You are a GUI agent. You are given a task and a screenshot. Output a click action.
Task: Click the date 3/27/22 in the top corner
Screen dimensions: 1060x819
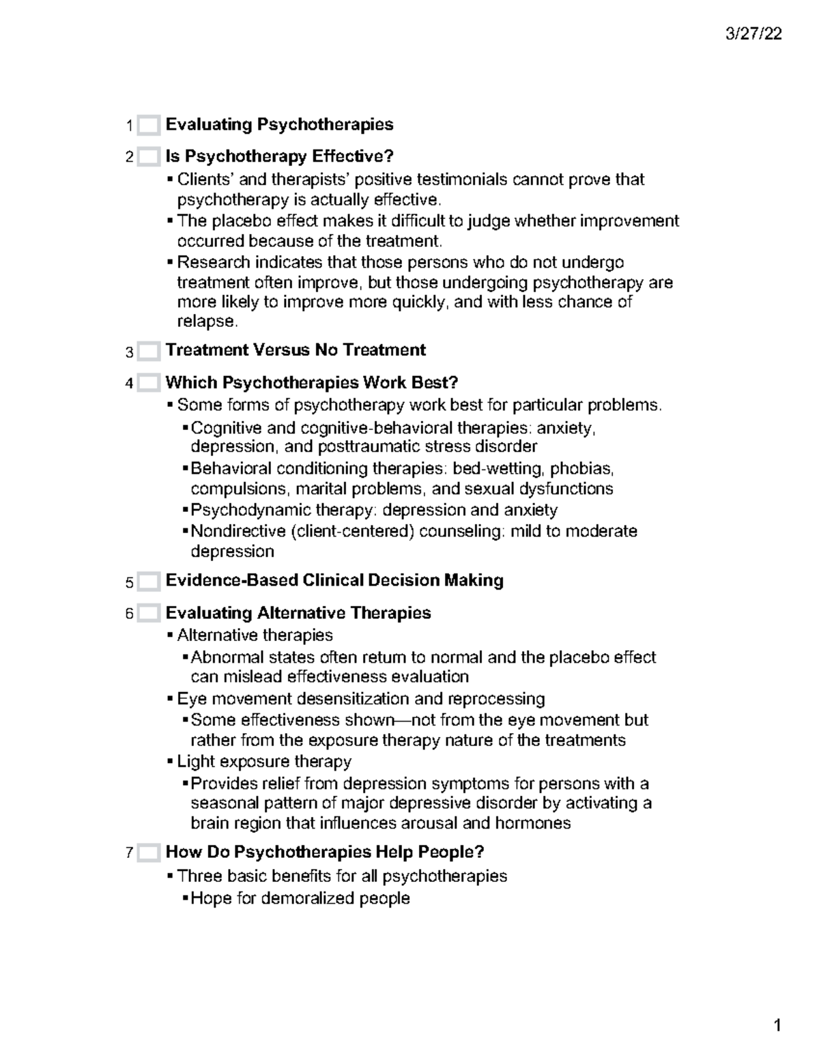[x=754, y=34]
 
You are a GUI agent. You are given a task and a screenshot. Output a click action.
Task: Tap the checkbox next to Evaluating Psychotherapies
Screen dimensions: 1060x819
[x=148, y=126]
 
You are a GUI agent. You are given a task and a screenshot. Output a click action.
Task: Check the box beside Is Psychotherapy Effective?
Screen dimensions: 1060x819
[x=148, y=158]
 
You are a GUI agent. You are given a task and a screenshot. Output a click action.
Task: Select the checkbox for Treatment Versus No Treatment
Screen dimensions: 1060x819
[x=148, y=352]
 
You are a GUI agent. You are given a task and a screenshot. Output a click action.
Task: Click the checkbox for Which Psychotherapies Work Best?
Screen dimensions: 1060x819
[x=148, y=384]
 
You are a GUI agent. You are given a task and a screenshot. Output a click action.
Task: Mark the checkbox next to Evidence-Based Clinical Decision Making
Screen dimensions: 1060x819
[x=148, y=582]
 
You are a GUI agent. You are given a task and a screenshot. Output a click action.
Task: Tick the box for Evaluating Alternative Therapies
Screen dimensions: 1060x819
[x=148, y=614]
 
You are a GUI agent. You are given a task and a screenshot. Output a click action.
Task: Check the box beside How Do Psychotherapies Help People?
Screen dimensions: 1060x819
[x=148, y=853]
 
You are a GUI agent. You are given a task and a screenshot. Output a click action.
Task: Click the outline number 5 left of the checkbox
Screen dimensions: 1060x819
[x=129, y=583]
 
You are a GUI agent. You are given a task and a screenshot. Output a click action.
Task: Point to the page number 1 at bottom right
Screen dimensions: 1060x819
[x=777, y=1026]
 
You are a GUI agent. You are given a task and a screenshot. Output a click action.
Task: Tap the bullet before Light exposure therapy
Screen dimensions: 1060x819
[x=170, y=762]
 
